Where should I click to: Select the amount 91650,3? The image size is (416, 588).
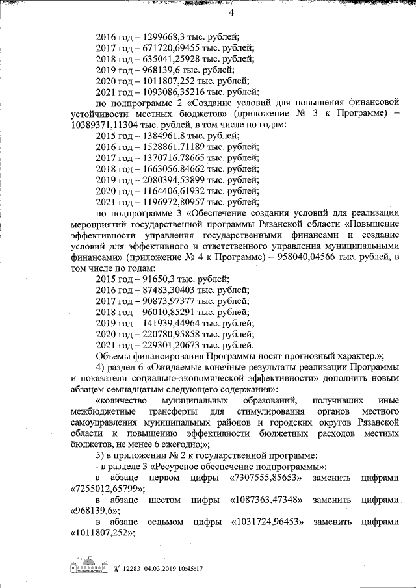(153, 278)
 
